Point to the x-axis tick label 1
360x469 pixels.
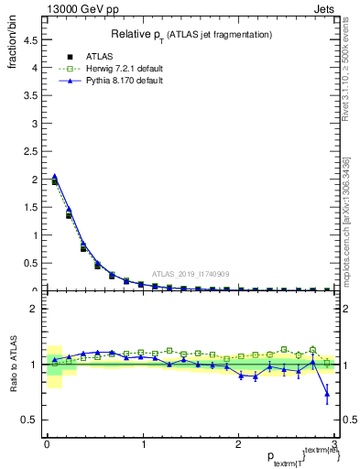(x=142, y=445)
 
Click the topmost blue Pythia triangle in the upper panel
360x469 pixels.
(x=55, y=177)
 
